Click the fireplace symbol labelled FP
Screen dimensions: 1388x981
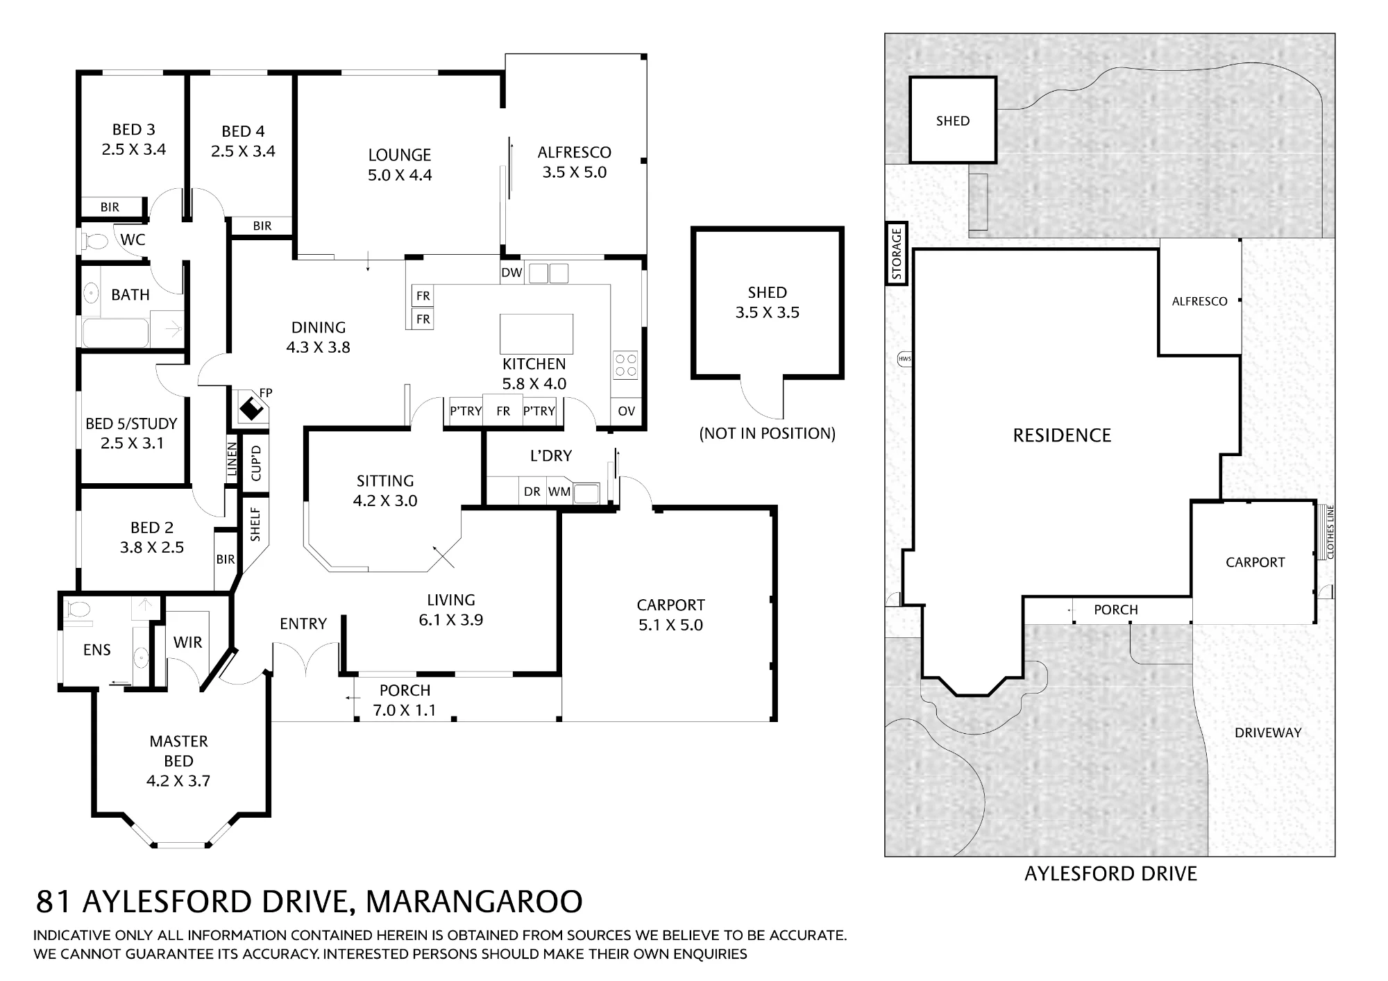(251, 407)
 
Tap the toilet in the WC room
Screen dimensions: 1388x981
(96, 241)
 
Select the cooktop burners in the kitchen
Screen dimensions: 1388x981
(625, 365)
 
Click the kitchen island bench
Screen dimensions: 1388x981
(536, 334)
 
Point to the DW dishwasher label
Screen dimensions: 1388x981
(511, 273)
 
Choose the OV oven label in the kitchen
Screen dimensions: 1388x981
(626, 411)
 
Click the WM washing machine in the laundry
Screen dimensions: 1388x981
(559, 492)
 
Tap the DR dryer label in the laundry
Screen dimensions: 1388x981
(532, 492)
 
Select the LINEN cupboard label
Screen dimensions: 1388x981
(232, 459)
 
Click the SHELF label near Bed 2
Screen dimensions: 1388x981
(255, 524)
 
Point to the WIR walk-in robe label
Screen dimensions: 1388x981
(188, 642)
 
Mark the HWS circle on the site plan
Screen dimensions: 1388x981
(904, 359)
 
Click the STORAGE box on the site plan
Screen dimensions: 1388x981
(897, 253)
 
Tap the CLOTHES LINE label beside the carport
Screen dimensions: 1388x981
(1330, 533)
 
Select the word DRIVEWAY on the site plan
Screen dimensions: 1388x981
(1268, 732)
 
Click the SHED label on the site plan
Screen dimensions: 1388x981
(953, 121)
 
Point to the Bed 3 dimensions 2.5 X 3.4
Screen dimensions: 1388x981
(134, 149)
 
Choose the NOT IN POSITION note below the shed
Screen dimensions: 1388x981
(768, 434)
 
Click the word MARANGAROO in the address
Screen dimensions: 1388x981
(474, 902)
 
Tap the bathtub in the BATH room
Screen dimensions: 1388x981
(116, 333)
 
